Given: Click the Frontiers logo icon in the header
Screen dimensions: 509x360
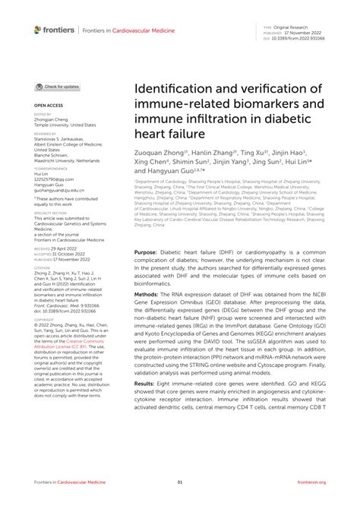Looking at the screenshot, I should tap(39, 30).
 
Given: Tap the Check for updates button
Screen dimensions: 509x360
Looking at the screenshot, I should tap(58, 87).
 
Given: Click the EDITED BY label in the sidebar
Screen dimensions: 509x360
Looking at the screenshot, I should tap(43, 114).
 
